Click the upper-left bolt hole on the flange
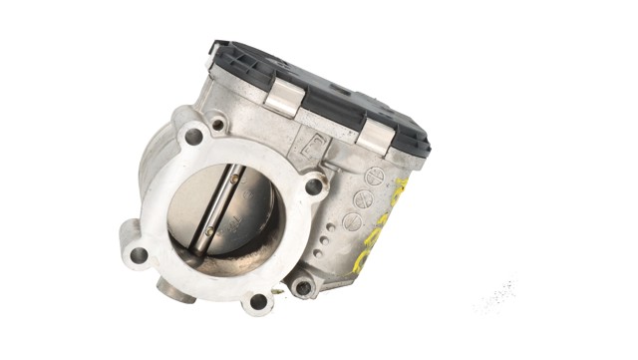tap(193, 137)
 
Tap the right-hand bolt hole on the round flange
tap(313, 185)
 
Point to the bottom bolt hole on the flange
tap(258, 300)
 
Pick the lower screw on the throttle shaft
tap(209, 235)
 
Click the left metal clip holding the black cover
tap(283, 98)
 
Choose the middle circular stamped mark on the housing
tap(363, 198)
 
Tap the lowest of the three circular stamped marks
tap(352, 220)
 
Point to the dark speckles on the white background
tap(496, 296)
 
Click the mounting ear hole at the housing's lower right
tap(302, 288)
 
